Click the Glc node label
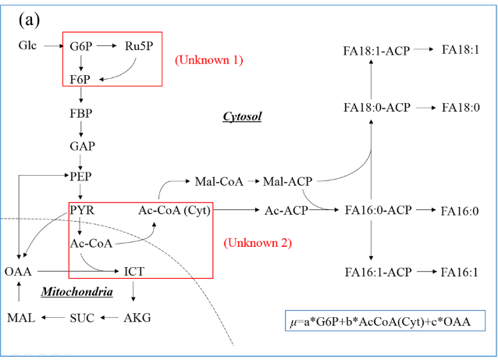[x=27, y=46]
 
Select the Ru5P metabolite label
[x=138, y=46]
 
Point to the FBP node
[x=80, y=112]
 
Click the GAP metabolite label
[x=80, y=146]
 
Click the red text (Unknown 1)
[x=209, y=60]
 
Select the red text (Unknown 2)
[x=258, y=243]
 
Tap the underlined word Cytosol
[x=242, y=116]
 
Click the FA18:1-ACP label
[x=376, y=50]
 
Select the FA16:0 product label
[x=461, y=211]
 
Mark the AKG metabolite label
[x=137, y=318]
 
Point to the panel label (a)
[x=30, y=19]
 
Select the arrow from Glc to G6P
[x=53, y=46]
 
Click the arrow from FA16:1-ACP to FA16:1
[x=425, y=271]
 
